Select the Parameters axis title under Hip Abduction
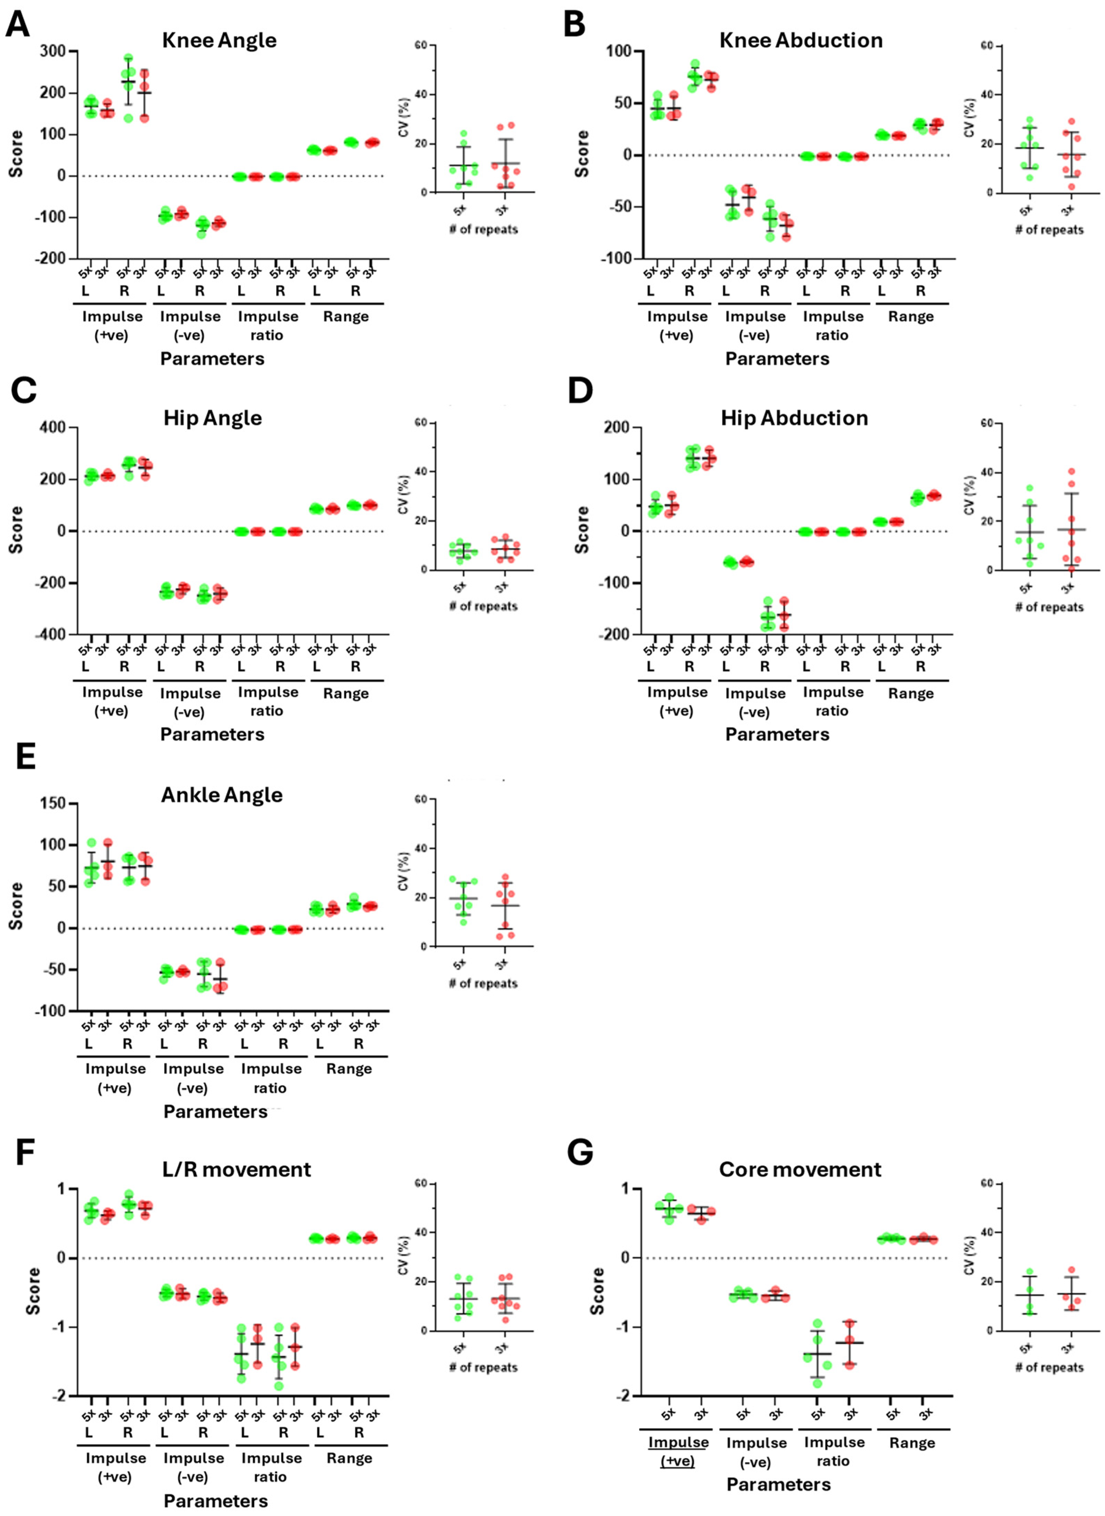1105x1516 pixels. point(777,734)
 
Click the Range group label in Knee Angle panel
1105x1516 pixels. point(346,316)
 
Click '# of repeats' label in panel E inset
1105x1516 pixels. point(484,983)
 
